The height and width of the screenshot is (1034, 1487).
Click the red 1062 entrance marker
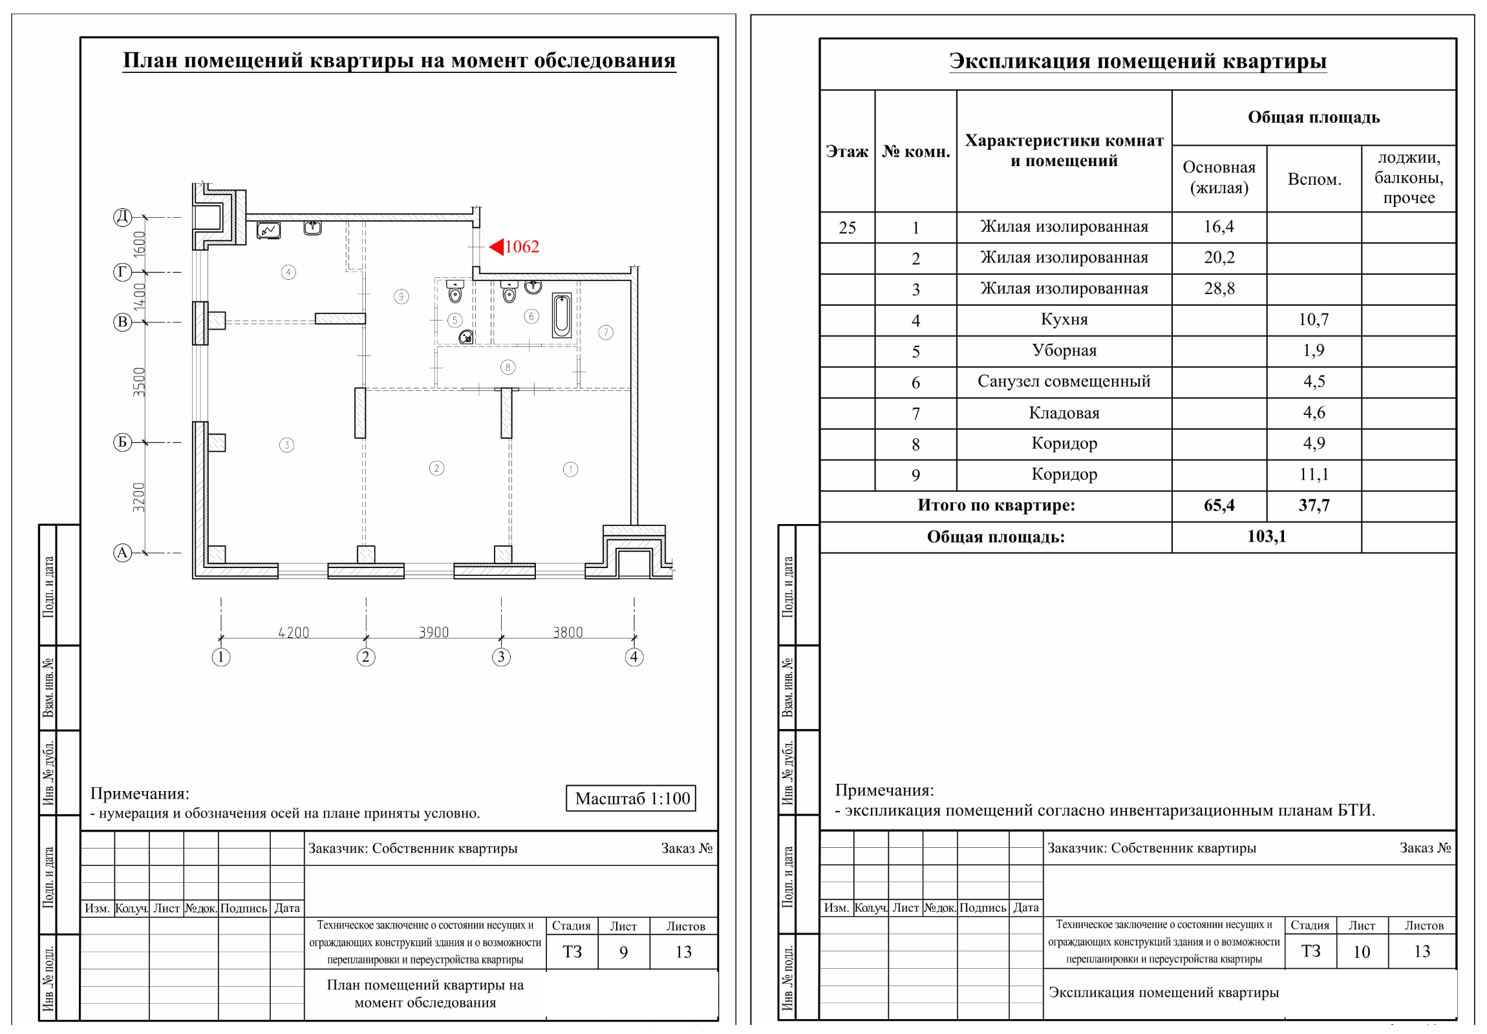(x=514, y=247)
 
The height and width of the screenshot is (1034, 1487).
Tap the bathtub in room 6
(x=562, y=315)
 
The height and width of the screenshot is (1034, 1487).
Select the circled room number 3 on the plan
(x=286, y=445)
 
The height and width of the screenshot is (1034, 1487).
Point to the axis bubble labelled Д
(x=122, y=217)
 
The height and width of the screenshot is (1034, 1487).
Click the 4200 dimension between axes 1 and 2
(x=294, y=632)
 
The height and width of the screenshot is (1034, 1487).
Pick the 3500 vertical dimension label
(x=139, y=382)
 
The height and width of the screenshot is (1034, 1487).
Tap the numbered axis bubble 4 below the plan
(x=634, y=657)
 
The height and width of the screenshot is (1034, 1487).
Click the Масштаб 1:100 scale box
(x=631, y=798)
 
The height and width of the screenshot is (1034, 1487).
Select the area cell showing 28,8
(x=1219, y=289)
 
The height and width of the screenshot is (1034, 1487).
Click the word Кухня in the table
(x=1064, y=319)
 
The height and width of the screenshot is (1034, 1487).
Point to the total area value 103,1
(x=1266, y=537)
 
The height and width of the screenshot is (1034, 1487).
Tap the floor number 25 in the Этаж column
(x=847, y=228)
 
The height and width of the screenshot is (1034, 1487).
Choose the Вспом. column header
(x=1314, y=180)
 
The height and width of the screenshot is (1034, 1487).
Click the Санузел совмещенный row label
(x=1064, y=381)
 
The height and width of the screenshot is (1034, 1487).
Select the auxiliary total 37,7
(x=1314, y=505)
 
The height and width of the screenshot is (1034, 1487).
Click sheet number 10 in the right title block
(x=1362, y=952)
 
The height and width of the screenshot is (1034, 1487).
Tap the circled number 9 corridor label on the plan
(x=401, y=297)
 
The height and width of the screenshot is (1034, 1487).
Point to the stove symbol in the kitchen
(x=268, y=230)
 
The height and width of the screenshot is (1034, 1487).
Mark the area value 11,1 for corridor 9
(x=1314, y=474)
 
